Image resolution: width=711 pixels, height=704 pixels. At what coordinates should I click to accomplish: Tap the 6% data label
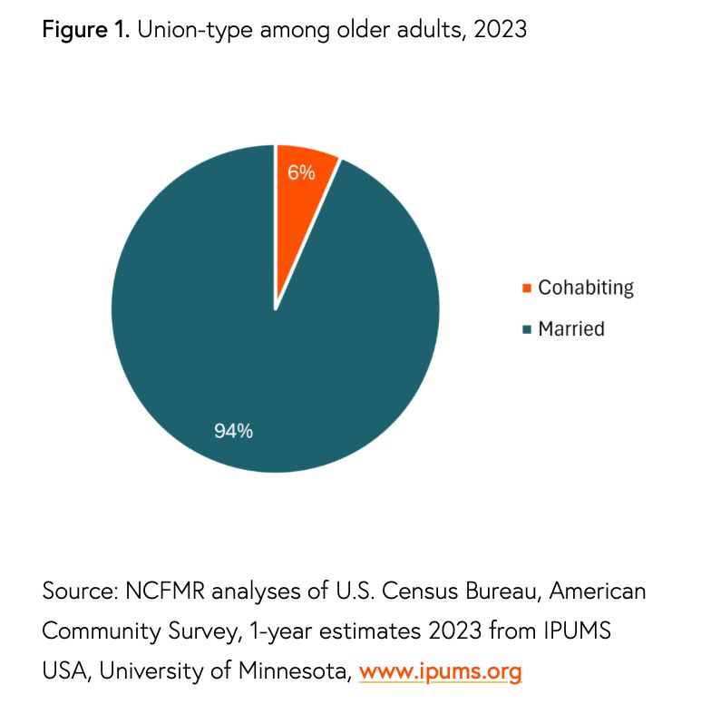302,172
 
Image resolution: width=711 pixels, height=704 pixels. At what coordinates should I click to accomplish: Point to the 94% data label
233,431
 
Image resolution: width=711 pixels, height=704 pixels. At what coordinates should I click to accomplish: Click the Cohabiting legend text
585,288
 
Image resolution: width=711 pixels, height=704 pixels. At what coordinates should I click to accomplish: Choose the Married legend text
570,328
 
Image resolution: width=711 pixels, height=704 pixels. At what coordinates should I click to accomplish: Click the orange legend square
527,288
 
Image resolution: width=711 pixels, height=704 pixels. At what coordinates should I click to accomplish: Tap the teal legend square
527,328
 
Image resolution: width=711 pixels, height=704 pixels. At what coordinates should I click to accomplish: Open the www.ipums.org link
441,672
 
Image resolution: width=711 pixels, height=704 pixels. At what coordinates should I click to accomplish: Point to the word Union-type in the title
197,30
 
